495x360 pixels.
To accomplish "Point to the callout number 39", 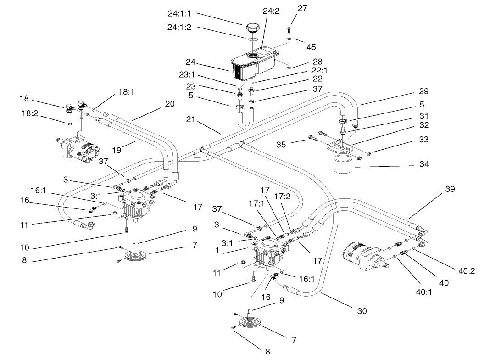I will [x=450, y=188].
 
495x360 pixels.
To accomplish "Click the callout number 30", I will [x=362, y=311].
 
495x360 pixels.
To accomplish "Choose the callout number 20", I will [x=170, y=104].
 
